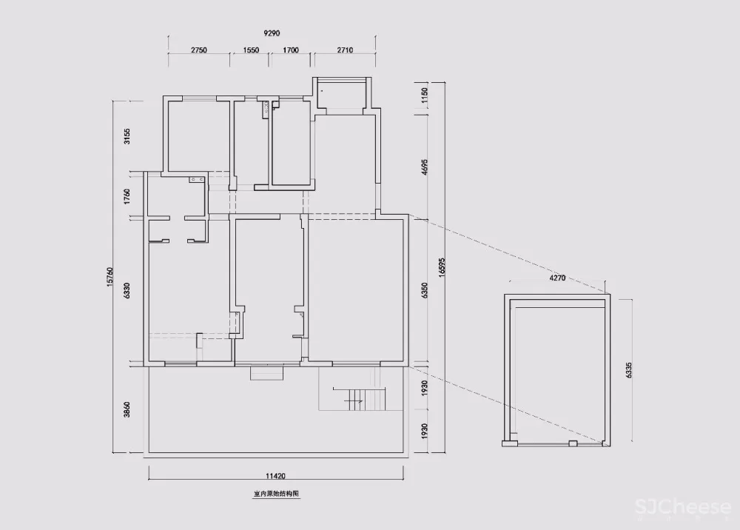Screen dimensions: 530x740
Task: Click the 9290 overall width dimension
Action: coord(272,33)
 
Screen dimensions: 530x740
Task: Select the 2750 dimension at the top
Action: coord(198,50)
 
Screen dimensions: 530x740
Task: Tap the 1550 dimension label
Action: coord(251,50)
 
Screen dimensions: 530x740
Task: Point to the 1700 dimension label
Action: coord(290,50)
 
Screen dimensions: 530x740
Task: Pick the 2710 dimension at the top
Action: coord(345,50)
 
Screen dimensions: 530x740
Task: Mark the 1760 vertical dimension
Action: coord(127,196)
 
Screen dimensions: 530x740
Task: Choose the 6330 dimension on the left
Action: coord(127,290)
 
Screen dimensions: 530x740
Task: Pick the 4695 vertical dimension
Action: coord(424,166)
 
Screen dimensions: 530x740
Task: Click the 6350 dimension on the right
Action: coord(424,290)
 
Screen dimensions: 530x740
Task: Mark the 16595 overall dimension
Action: coord(442,266)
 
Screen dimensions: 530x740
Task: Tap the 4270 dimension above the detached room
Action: coord(557,279)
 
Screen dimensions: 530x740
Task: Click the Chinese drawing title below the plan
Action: coord(275,492)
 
